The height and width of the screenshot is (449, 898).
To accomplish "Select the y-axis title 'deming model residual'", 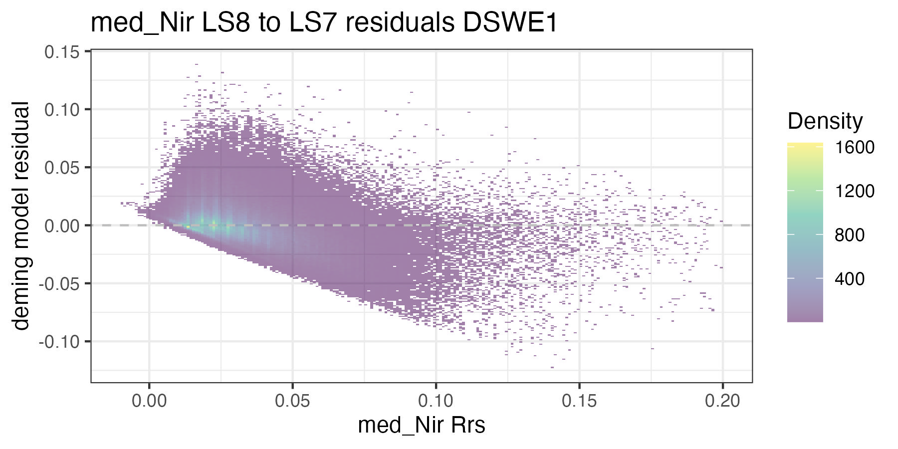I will click(x=21, y=216).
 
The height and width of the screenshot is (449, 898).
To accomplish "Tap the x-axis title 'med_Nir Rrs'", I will click(x=422, y=425).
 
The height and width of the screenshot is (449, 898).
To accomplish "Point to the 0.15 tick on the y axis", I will click(x=62, y=52).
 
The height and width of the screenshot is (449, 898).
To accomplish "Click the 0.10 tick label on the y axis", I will click(x=62, y=110).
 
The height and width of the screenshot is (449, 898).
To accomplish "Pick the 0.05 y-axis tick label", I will click(x=62, y=168).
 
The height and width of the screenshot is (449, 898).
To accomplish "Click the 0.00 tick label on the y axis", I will click(x=62, y=226).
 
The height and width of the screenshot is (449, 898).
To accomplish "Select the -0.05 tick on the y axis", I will click(x=60, y=284).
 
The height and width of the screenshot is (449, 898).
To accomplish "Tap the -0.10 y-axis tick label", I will click(x=60, y=342).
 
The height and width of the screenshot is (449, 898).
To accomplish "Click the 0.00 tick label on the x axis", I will click(x=149, y=400).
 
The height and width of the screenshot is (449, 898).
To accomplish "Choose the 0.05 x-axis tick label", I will click(x=292, y=400).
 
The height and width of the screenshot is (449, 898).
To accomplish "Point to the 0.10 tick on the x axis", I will click(x=436, y=400).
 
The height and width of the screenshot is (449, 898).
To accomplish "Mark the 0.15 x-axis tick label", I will click(x=579, y=400).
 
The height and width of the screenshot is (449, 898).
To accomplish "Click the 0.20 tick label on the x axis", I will click(x=722, y=400).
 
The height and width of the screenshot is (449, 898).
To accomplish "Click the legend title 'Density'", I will click(x=825, y=121).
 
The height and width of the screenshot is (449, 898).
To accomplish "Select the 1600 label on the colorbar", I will click(x=855, y=148).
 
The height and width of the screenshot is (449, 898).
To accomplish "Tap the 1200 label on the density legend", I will click(x=855, y=191).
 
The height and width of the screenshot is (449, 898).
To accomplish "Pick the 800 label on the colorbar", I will click(x=850, y=235).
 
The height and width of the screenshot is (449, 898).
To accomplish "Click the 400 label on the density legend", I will click(x=850, y=279).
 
